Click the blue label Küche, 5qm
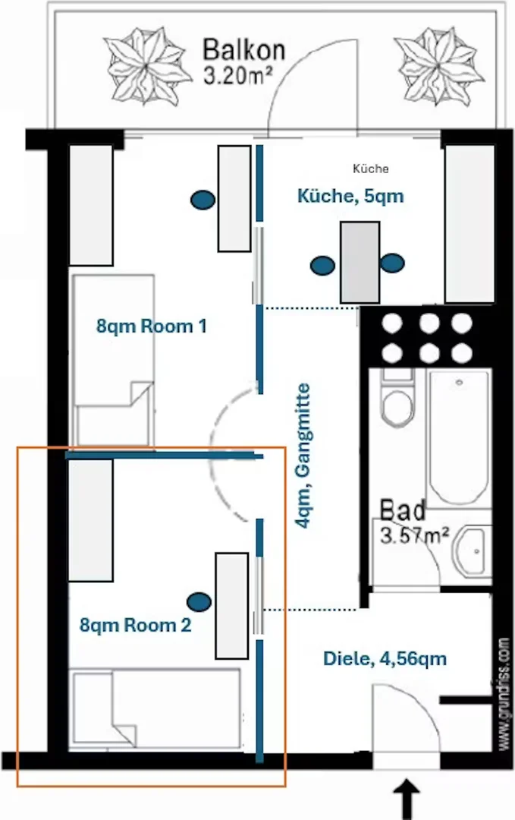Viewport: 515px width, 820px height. pos(350,196)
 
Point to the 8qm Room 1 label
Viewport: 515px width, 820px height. pos(152,326)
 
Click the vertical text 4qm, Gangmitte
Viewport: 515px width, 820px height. pos(303,456)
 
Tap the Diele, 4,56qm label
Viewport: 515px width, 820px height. pos(385,658)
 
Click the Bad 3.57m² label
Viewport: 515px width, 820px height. pos(413,522)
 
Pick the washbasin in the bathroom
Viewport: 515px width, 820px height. pos(473,551)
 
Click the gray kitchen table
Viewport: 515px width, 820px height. pos(360,262)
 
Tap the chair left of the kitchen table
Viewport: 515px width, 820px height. pos(322,266)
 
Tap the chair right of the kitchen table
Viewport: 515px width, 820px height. pos(392,263)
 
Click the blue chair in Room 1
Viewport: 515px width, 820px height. pos(203,200)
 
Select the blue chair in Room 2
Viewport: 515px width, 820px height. pos(199,601)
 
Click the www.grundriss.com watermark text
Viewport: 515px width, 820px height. pos(504,694)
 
